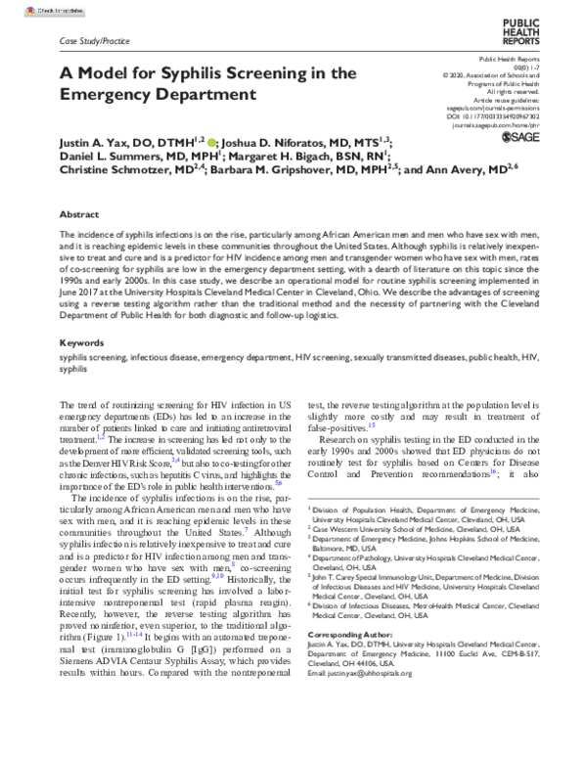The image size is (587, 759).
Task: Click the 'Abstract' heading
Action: (x=79, y=213)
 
